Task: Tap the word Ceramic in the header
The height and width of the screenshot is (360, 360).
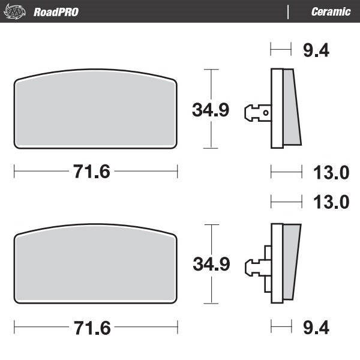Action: pyautogui.click(x=331, y=11)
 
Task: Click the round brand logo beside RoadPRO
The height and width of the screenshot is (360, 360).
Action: pyautogui.click(x=17, y=11)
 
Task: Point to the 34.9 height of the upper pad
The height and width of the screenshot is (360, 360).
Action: pyautogui.click(x=211, y=110)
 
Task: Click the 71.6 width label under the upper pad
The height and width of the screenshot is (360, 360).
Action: pyautogui.click(x=92, y=172)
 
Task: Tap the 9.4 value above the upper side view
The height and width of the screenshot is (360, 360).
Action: pyautogui.click(x=316, y=50)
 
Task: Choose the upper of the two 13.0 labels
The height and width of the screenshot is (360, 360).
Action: pyautogui.click(x=332, y=173)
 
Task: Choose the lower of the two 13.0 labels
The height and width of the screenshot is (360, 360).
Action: pyautogui.click(x=332, y=202)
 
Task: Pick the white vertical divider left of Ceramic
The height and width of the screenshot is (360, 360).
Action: pyautogui.click(x=289, y=11)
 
